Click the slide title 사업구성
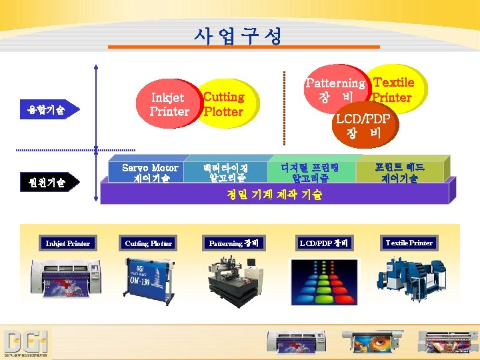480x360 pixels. [x=239, y=35]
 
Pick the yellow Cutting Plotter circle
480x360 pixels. [x=225, y=105]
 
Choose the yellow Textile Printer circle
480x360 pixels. [x=393, y=89]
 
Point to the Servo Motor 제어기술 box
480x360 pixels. [x=150, y=173]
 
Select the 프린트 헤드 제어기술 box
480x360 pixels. [x=399, y=173]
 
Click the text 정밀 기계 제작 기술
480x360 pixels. [x=274, y=195]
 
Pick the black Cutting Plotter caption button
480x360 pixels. [x=149, y=243]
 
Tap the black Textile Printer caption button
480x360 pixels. [x=409, y=243]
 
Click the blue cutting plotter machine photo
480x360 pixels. [x=149, y=279]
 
